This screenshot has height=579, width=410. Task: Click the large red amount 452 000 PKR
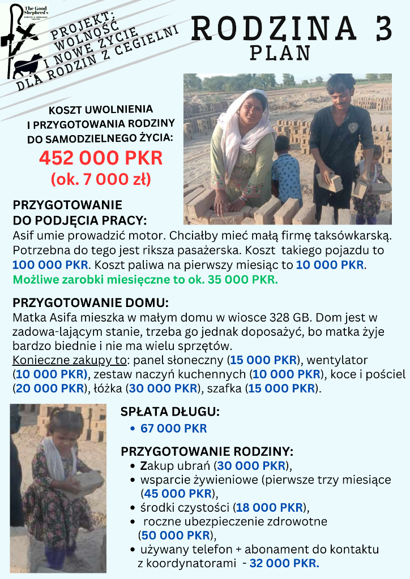click(101, 157)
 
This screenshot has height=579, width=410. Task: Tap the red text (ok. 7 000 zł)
click(101, 179)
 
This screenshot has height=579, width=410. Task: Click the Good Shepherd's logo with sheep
click(25, 40)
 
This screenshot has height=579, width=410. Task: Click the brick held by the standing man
click(330, 182)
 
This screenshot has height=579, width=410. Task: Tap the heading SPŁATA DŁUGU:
click(170, 412)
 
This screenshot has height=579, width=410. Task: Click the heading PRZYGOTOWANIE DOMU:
click(91, 303)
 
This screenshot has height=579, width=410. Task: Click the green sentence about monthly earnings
click(145, 279)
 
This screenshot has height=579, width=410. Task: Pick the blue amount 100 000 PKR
click(50, 264)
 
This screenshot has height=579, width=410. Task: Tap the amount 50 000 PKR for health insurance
click(177, 534)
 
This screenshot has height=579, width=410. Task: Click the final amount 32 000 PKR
click(284, 563)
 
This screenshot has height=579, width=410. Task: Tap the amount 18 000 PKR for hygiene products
click(269, 507)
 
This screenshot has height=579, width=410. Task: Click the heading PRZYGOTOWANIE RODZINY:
click(207, 452)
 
